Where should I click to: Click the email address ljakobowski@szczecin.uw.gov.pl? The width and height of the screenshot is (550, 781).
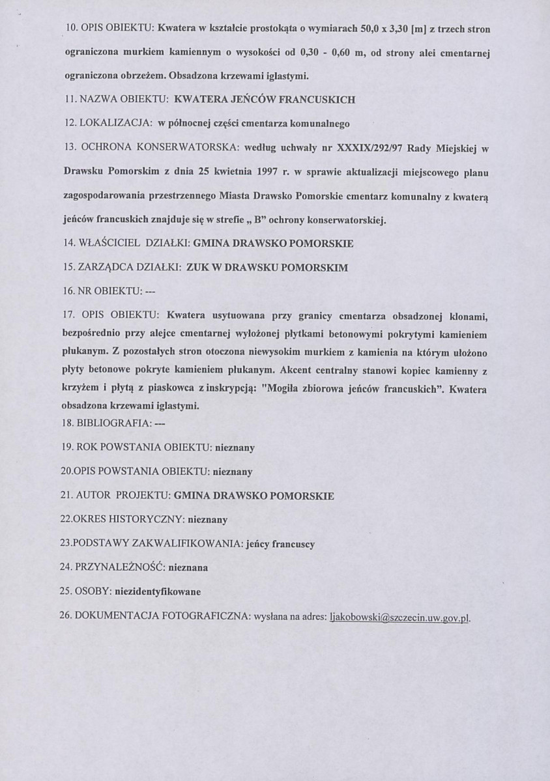(x=401, y=618)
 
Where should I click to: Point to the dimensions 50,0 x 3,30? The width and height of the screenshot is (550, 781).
(x=359, y=29)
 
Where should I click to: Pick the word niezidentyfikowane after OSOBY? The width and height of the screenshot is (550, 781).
(x=158, y=592)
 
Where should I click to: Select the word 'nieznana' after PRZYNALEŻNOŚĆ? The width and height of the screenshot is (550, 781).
(x=188, y=567)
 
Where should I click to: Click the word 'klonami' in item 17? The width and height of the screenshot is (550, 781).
(x=469, y=316)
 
